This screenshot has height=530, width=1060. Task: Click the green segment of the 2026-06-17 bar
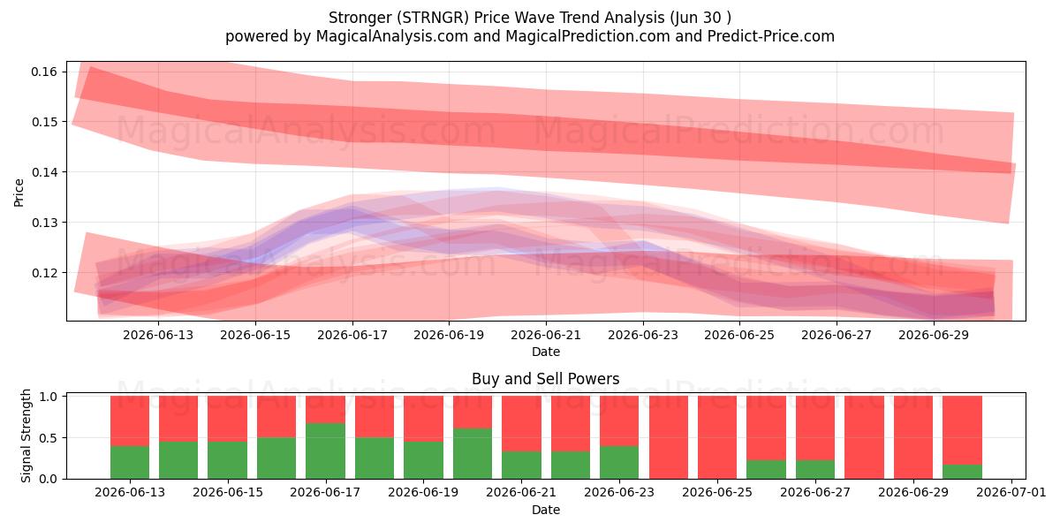pyautogui.click(x=326, y=451)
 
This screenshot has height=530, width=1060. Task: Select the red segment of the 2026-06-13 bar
pyautogui.click(x=130, y=421)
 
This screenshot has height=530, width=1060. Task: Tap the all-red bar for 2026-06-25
pyautogui.click(x=717, y=437)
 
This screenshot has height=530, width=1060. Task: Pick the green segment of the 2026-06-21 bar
pyautogui.click(x=521, y=466)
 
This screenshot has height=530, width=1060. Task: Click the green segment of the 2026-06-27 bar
pyautogui.click(x=815, y=469)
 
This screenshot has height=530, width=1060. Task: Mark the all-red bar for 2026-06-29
pyautogui.click(x=913, y=437)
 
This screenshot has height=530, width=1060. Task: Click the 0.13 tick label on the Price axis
pyautogui.click(x=44, y=223)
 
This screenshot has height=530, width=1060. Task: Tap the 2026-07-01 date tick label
pyautogui.click(x=1011, y=492)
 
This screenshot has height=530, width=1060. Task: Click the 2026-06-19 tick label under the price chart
pyautogui.click(x=449, y=335)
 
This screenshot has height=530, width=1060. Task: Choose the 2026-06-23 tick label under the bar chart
pyautogui.click(x=619, y=492)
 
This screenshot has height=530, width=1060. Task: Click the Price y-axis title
pyautogui.click(x=19, y=193)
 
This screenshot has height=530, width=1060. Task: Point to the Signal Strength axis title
pyautogui.click(x=26, y=435)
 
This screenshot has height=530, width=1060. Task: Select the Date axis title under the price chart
pyautogui.click(x=546, y=352)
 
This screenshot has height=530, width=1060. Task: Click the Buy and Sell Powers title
pyautogui.click(x=546, y=379)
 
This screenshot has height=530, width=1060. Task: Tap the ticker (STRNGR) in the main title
pyautogui.click(x=433, y=18)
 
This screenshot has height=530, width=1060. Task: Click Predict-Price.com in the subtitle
pyautogui.click(x=771, y=36)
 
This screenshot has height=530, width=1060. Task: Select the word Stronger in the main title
pyautogui.click(x=360, y=18)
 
